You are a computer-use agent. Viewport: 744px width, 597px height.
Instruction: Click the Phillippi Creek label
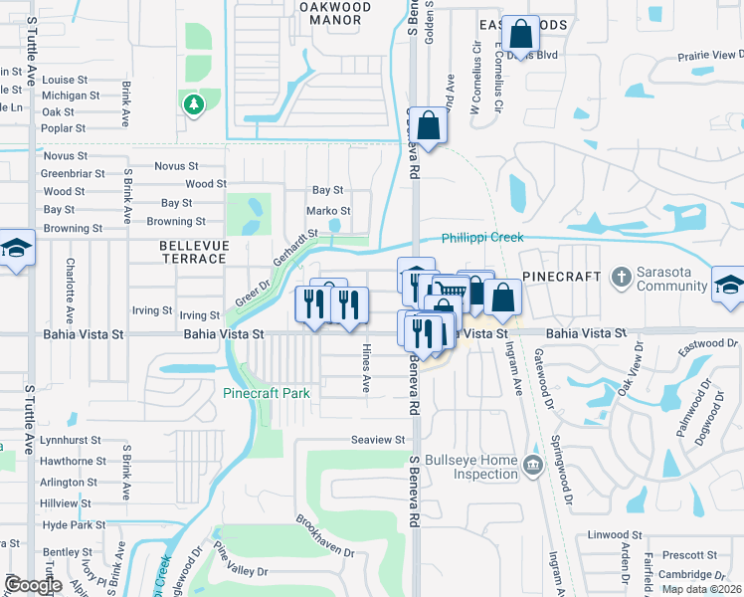[x=483, y=239]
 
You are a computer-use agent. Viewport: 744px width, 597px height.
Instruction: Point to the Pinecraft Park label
[x=266, y=393]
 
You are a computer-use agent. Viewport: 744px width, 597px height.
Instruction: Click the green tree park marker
[x=193, y=103]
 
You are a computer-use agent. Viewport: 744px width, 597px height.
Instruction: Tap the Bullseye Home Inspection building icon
[x=532, y=464]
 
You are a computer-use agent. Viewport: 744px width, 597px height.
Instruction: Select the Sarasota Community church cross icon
[x=621, y=276]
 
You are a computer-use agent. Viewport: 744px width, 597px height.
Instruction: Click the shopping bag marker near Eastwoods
[x=520, y=36]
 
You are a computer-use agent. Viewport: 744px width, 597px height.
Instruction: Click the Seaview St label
[x=378, y=440]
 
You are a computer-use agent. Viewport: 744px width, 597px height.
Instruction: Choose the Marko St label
[x=328, y=211]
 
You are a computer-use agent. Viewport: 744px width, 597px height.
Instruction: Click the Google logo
[x=33, y=585]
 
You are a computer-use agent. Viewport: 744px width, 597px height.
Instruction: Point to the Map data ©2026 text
[x=701, y=589]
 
